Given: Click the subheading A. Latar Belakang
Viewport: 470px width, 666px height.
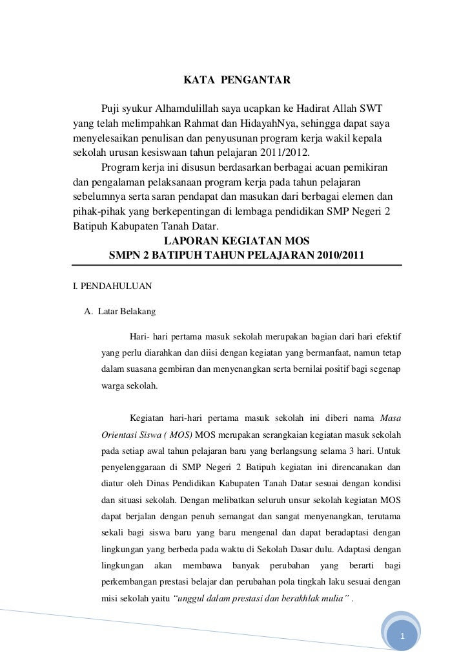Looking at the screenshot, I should pos(120,312).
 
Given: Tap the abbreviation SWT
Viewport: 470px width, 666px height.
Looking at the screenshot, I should pos(374,106).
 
